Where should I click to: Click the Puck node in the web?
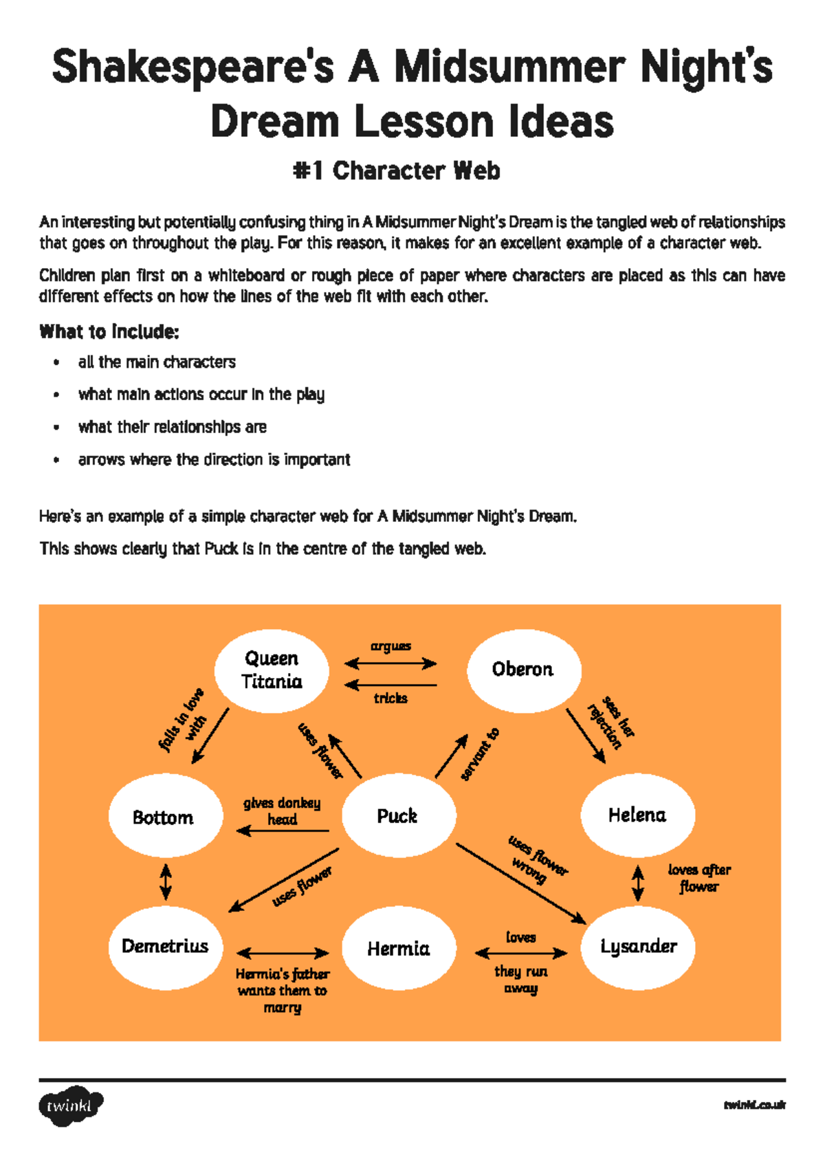coord(399,815)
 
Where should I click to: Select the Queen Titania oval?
coord(272,670)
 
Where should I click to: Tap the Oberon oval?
coord(523,670)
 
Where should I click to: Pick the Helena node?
coord(637,815)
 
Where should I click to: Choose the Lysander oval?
coord(639,947)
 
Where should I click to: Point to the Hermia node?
coord(399,949)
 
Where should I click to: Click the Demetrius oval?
coord(165,947)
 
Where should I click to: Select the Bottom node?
coord(164,817)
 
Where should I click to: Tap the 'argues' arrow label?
coord(390,646)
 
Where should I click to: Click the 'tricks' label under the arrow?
coord(390,698)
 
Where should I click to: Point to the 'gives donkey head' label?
coord(282,811)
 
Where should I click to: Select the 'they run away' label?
coord(520,980)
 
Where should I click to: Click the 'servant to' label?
coord(480,754)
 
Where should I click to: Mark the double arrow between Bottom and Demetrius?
coord(166,881)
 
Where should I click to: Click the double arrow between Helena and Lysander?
coord(638,883)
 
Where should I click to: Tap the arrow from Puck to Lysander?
coord(520,883)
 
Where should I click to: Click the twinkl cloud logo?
coord(70,1105)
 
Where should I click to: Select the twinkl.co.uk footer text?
coord(754,1105)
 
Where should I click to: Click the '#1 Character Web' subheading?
coord(397,170)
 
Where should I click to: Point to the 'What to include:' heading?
coord(109,332)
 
